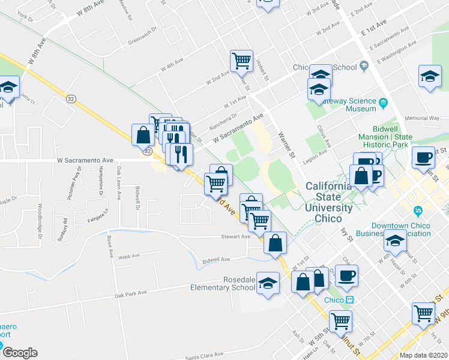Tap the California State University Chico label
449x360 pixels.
329,197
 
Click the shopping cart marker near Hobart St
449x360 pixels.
241,60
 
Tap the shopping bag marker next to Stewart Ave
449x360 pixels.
275,243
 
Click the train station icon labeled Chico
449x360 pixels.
350,300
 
